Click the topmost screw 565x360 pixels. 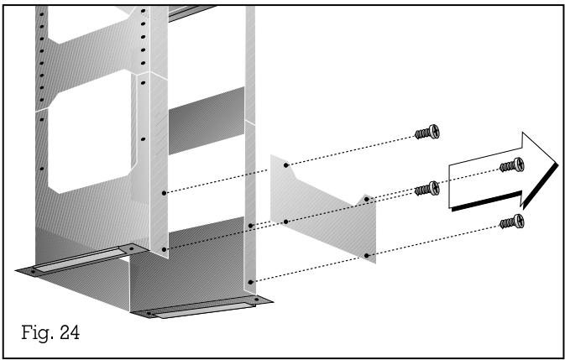tap(428, 133)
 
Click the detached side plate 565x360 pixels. tap(323, 206)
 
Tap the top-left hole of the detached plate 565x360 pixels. tap(286, 167)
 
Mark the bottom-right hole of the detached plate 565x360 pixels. tap(367, 253)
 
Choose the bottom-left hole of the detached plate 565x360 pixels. tap(286, 222)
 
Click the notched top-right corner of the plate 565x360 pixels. tap(366, 199)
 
